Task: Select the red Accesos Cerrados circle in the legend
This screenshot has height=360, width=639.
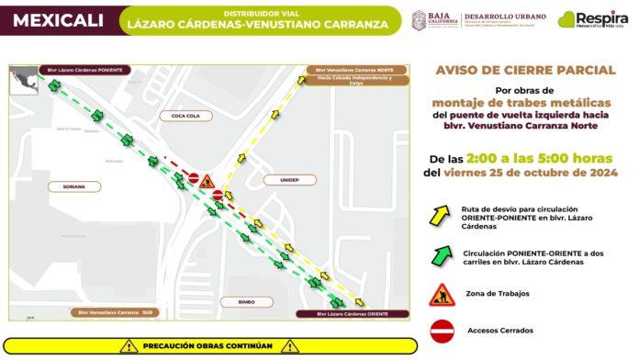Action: pos(443,328)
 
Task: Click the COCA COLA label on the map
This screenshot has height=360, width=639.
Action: pos(173,116)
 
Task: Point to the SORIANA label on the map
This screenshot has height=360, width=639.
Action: pos(74,186)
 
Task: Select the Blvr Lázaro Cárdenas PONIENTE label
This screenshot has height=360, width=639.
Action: pos(84,69)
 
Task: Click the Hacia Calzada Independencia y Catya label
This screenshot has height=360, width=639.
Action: pos(353,81)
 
